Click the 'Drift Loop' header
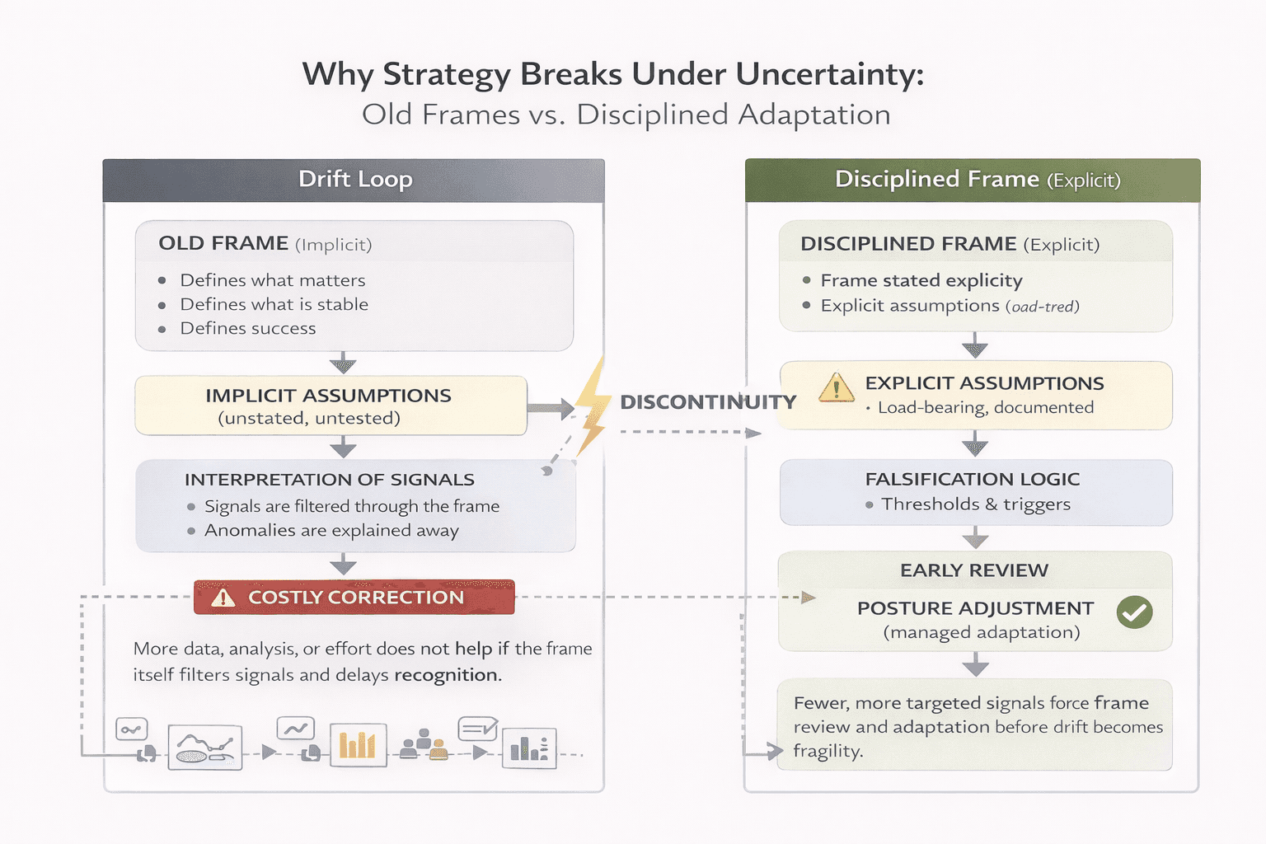click(354, 180)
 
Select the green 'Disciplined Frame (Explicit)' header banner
click(973, 180)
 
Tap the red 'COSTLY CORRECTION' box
click(354, 598)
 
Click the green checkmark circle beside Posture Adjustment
click(1134, 612)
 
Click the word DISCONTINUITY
click(708, 402)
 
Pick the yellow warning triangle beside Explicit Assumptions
click(836, 387)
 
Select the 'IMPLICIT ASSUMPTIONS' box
click(331, 406)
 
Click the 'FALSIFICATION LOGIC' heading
click(972, 479)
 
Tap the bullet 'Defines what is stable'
click(274, 304)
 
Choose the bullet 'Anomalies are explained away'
click(331, 530)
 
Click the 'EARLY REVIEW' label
click(974, 570)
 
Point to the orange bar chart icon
click(358, 745)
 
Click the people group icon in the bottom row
click(424, 743)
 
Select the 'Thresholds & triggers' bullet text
click(976, 504)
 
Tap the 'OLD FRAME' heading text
click(223, 243)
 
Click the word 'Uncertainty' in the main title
click(829, 74)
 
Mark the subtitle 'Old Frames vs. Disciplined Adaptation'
click(626, 115)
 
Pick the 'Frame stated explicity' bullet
click(921, 280)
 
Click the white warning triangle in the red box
click(223, 598)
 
